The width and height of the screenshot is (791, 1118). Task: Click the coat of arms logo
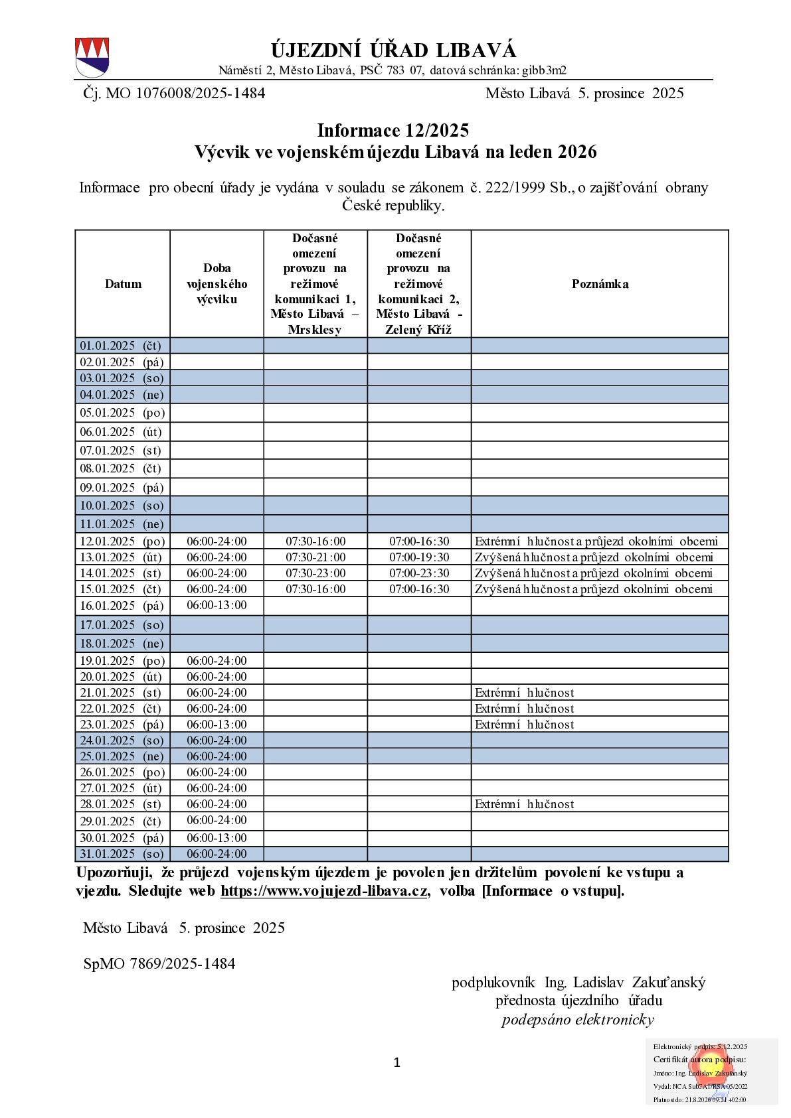(92, 57)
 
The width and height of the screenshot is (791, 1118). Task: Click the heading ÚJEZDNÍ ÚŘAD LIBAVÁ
(393, 50)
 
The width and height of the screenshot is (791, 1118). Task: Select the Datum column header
(123, 284)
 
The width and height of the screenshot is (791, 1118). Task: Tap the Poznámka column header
(600, 284)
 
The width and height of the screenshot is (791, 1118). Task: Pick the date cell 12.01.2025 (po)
(122, 541)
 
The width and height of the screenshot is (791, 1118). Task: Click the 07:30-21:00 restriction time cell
(315, 557)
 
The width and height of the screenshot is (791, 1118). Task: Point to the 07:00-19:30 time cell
(419, 557)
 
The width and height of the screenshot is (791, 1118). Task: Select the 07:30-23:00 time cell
(315, 573)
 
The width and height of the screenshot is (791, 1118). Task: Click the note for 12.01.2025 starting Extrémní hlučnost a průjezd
(596, 541)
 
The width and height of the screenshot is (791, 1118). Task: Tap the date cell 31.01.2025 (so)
(122, 855)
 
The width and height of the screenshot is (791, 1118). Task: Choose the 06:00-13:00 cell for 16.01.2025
(217, 605)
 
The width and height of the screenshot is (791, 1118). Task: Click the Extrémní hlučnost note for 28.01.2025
(524, 804)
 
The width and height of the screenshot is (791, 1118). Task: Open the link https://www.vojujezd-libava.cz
(323, 891)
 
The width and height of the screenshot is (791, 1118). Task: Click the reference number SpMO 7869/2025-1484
(159, 963)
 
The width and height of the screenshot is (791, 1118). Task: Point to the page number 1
(397, 1063)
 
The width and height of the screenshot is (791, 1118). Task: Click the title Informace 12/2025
(393, 130)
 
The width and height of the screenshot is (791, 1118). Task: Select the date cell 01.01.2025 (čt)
(122, 346)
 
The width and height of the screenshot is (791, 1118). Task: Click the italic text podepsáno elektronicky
(578, 1020)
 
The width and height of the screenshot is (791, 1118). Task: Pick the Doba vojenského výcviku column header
(217, 284)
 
